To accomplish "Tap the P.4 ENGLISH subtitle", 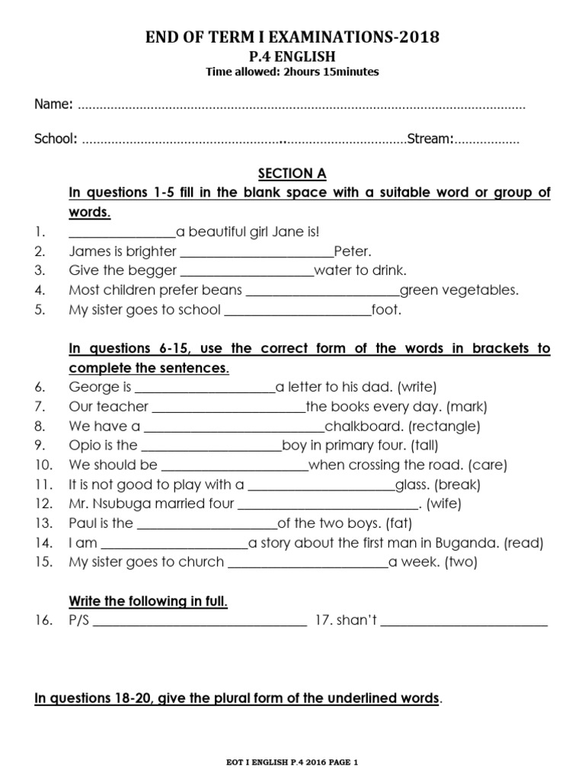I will coord(292,56).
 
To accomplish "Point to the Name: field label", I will coord(53,104).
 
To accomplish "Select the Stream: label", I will coord(431,139).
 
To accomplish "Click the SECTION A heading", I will coord(292,174).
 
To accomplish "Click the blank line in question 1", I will coord(122,232).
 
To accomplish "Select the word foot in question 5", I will coord(386,309).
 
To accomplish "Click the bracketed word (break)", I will coord(458,484).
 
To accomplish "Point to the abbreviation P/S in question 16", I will coord(79,621).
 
